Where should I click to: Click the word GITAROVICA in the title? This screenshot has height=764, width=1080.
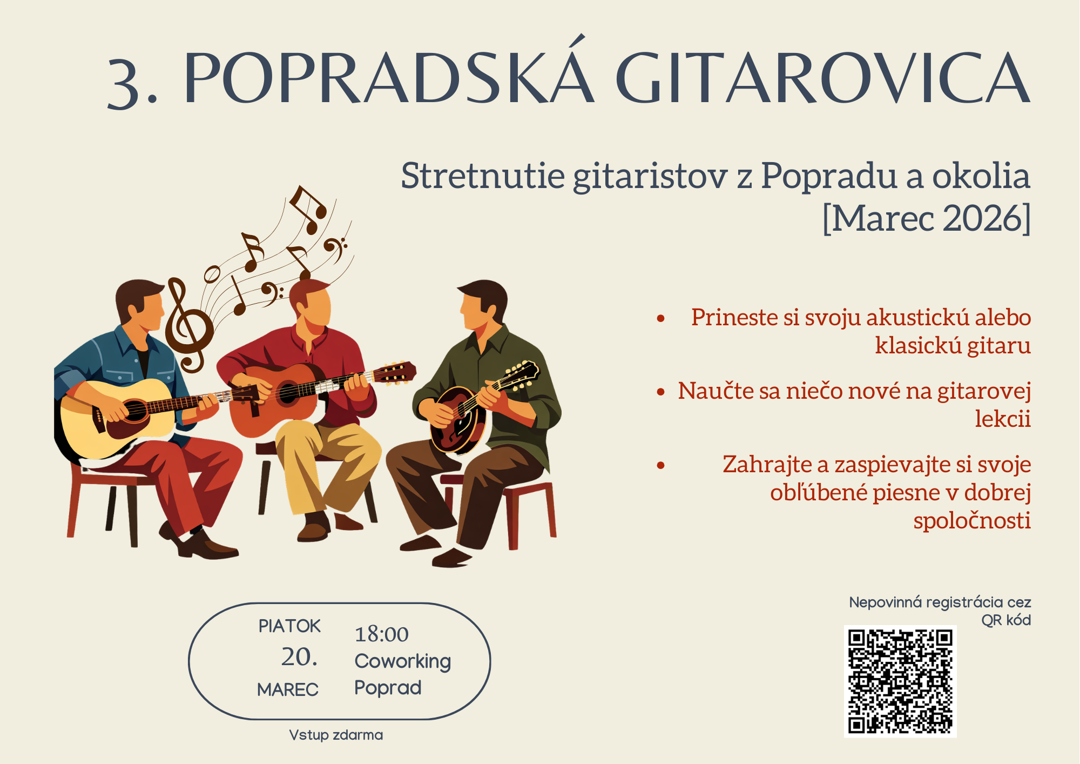(x=823, y=77)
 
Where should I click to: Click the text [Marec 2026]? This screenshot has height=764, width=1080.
(x=926, y=218)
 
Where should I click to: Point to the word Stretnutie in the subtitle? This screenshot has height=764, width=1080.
(x=483, y=176)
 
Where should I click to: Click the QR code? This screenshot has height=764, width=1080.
(x=900, y=681)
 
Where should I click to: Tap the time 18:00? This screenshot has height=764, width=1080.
(x=381, y=634)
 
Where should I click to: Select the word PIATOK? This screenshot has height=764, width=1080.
(x=289, y=626)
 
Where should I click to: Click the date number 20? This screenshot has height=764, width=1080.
(x=299, y=657)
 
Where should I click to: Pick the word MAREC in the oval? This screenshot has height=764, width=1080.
(x=288, y=690)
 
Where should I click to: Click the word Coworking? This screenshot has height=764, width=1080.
(x=402, y=662)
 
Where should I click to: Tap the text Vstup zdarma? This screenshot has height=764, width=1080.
(x=336, y=735)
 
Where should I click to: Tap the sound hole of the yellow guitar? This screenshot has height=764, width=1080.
(x=135, y=411)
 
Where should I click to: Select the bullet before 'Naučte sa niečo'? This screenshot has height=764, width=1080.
(x=660, y=392)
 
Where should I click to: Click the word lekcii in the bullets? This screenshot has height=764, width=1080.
(x=1003, y=419)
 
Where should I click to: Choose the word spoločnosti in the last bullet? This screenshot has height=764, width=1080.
(x=972, y=520)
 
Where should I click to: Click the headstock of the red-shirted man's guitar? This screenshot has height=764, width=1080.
(x=395, y=373)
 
